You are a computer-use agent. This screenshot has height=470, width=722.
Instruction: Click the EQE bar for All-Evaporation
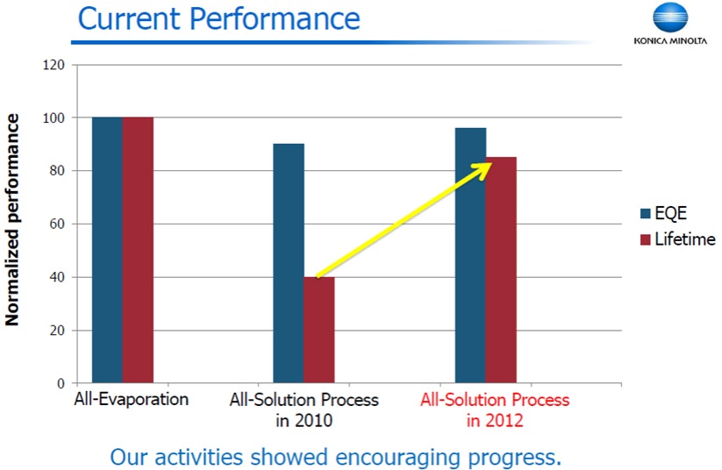(x=107, y=250)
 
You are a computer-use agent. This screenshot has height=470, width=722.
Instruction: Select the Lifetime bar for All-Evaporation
(x=138, y=250)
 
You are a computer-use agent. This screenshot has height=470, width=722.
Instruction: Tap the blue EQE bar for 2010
(x=289, y=263)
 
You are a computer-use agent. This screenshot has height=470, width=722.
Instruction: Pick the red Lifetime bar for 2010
(x=319, y=331)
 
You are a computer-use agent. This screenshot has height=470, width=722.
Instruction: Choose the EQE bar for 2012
(x=470, y=255)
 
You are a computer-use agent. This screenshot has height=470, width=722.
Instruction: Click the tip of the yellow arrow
(x=490, y=164)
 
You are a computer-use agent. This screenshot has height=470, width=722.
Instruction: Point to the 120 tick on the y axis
(x=54, y=64)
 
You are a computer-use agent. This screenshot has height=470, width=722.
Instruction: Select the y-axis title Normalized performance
(x=13, y=219)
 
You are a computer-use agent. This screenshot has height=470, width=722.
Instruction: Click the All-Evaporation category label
(x=131, y=400)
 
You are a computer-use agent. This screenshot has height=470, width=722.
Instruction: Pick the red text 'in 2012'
(x=495, y=421)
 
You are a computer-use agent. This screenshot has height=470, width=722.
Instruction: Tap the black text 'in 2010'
(x=304, y=421)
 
